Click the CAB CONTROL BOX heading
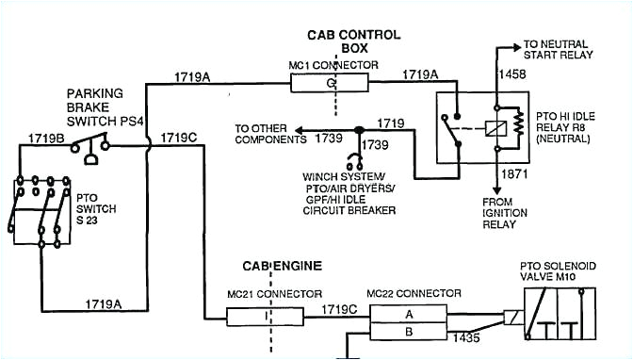coord(353,41)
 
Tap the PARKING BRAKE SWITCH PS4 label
coord(100,109)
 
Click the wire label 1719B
coord(40,138)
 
